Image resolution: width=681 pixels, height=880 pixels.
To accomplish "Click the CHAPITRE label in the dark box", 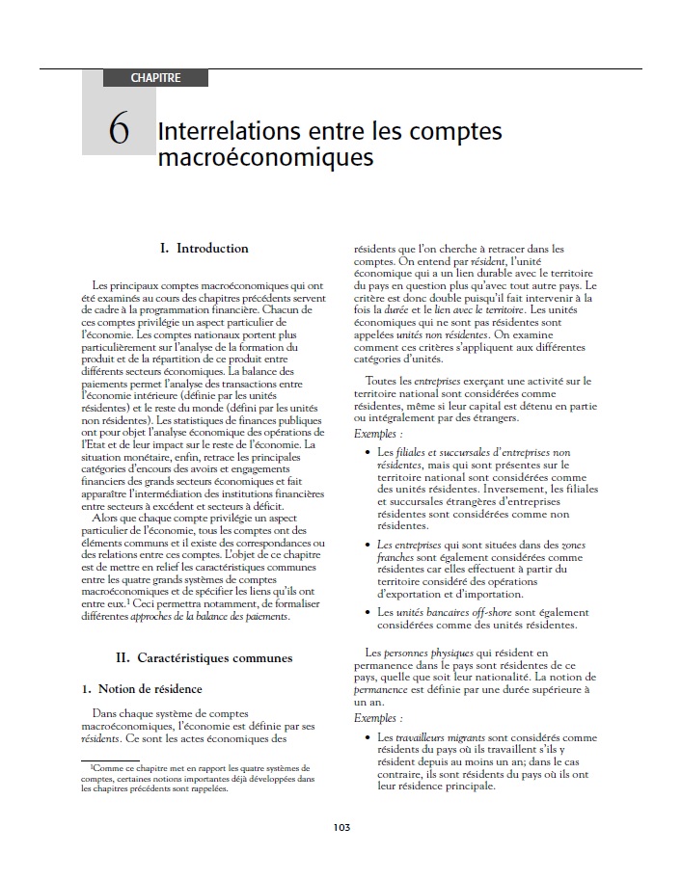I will [155, 78].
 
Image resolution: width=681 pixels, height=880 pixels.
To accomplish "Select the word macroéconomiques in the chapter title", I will [264, 156].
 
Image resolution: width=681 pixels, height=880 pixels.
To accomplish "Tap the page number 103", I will [340, 827].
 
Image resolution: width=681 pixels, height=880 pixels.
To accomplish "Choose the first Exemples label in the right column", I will [377, 434].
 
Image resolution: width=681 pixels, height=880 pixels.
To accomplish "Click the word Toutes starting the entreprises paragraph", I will [383, 382].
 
